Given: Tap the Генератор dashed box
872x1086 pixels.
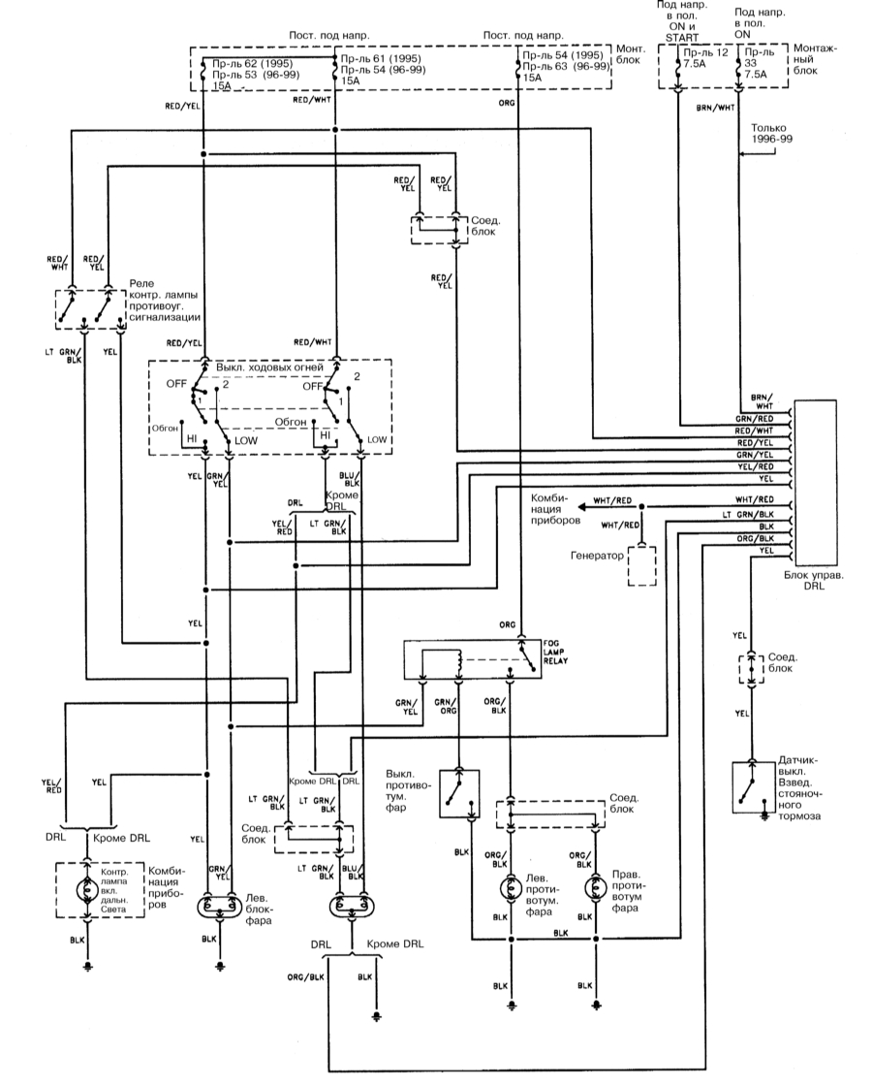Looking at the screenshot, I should pyautogui.click(x=640, y=565).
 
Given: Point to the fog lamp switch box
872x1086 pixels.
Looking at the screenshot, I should pyautogui.click(x=459, y=793).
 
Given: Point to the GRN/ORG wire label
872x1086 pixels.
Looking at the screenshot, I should pyautogui.click(x=447, y=705).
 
